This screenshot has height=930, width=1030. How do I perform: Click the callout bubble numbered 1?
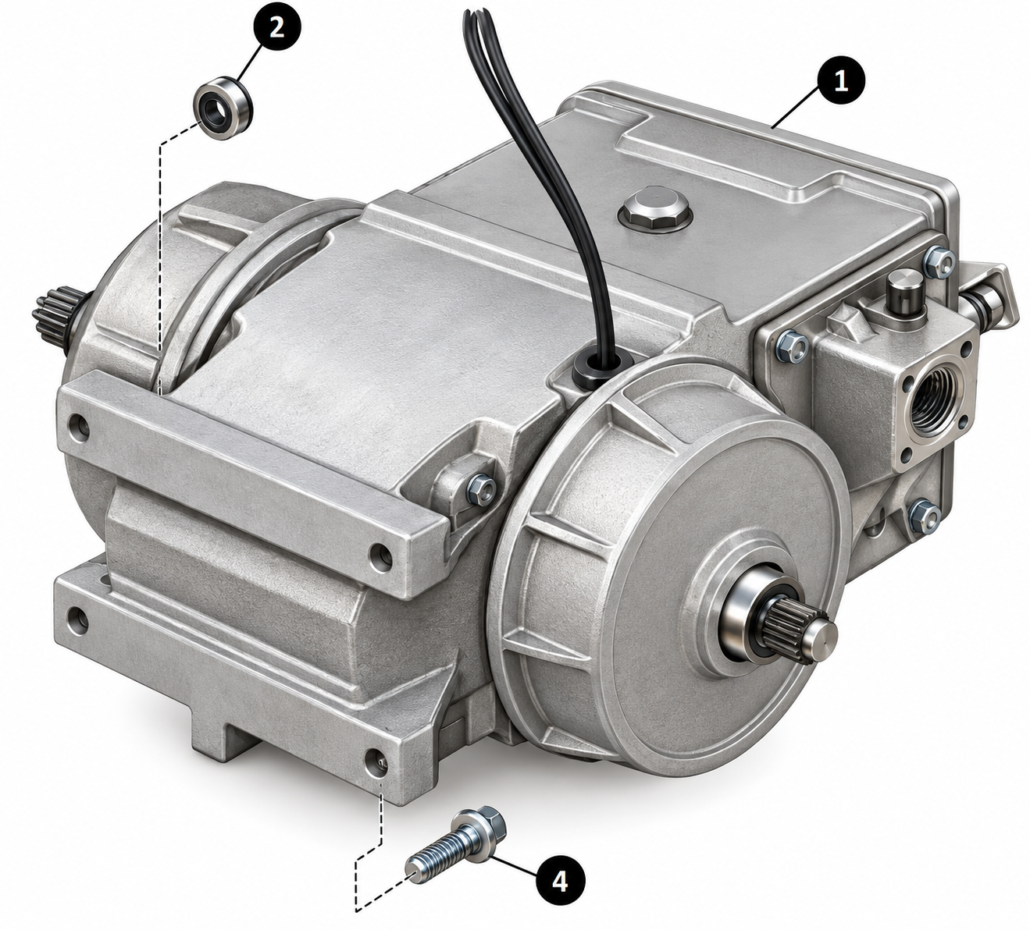pos(840,83)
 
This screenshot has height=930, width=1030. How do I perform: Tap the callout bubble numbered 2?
pos(276,27)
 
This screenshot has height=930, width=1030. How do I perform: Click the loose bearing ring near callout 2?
pos(223,106)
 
